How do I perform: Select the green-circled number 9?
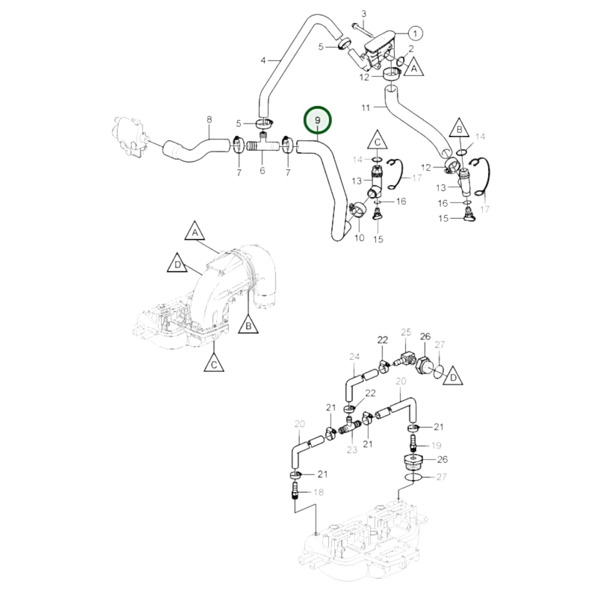pyautogui.click(x=318, y=120)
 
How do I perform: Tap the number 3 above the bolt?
pyautogui.click(x=363, y=14)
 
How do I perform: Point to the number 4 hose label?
pyautogui.click(x=263, y=61)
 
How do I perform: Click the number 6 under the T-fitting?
pyautogui.click(x=262, y=171)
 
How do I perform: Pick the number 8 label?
pyautogui.click(x=209, y=120)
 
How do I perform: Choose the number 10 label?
pyautogui.click(x=359, y=238)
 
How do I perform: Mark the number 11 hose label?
pyautogui.click(x=366, y=108)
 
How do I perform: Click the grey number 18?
pyautogui.click(x=318, y=492)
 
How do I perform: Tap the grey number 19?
pyautogui.click(x=436, y=445)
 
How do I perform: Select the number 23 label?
pyautogui.click(x=352, y=450)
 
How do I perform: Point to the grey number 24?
pyautogui.click(x=354, y=357)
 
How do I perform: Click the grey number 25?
pyautogui.click(x=406, y=332)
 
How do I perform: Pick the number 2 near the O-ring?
pyautogui.click(x=411, y=49)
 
